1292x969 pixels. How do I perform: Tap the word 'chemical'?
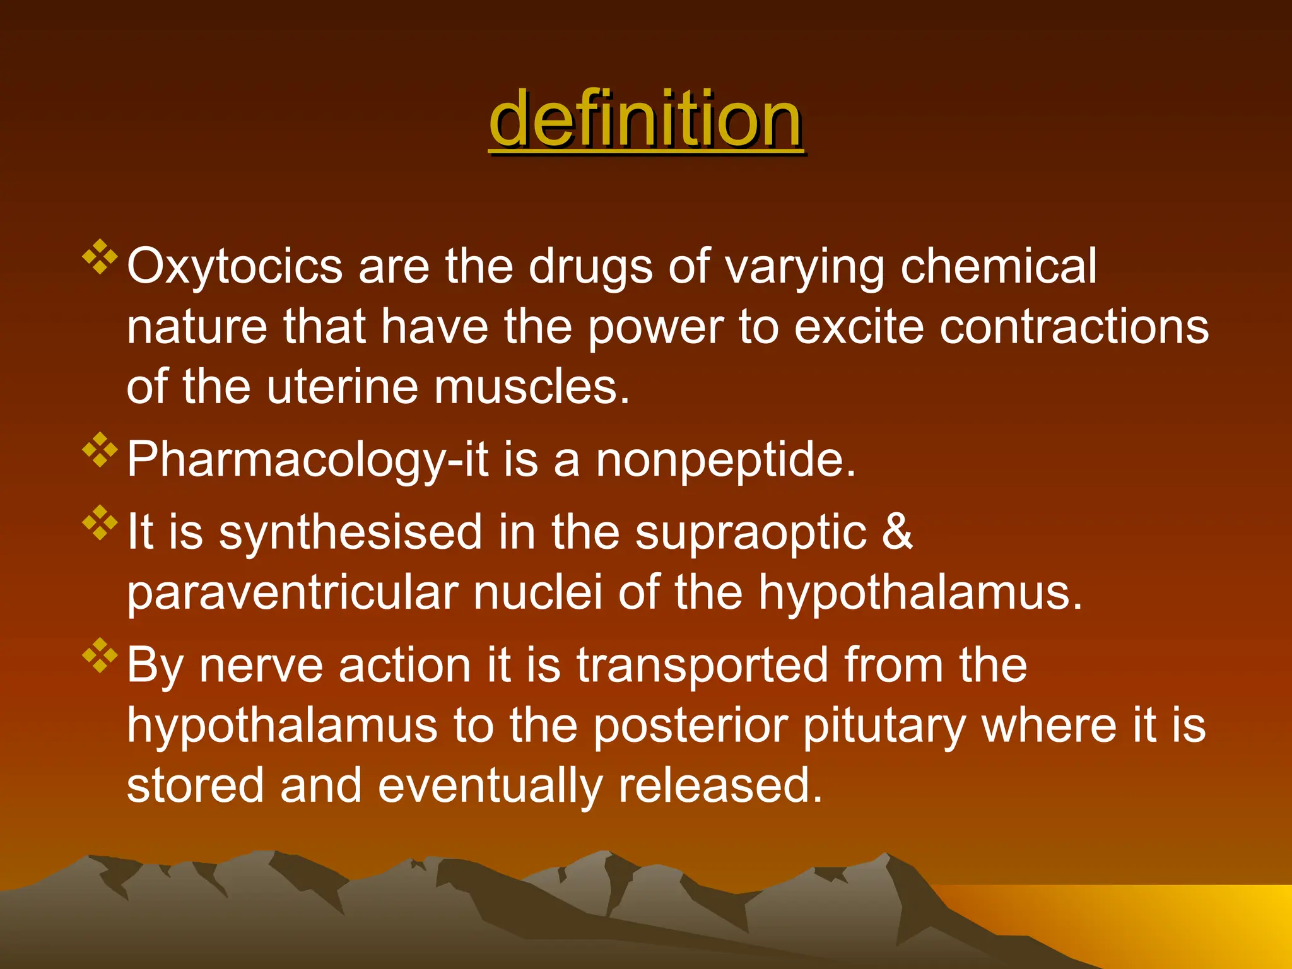click(x=999, y=266)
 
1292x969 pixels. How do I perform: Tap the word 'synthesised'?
click(x=351, y=532)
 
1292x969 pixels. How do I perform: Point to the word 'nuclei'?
click(x=538, y=592)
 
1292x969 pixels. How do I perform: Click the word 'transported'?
click(x=702, y=666)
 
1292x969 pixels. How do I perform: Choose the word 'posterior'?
click(x=691, y=726)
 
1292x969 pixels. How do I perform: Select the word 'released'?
click(x=720, y=786)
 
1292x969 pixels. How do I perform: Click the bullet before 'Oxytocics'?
click(x=100, y=257)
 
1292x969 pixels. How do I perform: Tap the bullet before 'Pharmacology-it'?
click(x=100, y=450)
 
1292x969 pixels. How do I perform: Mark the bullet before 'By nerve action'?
click(x=100, y=655)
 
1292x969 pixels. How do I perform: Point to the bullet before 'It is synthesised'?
click(x=100, y=522)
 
